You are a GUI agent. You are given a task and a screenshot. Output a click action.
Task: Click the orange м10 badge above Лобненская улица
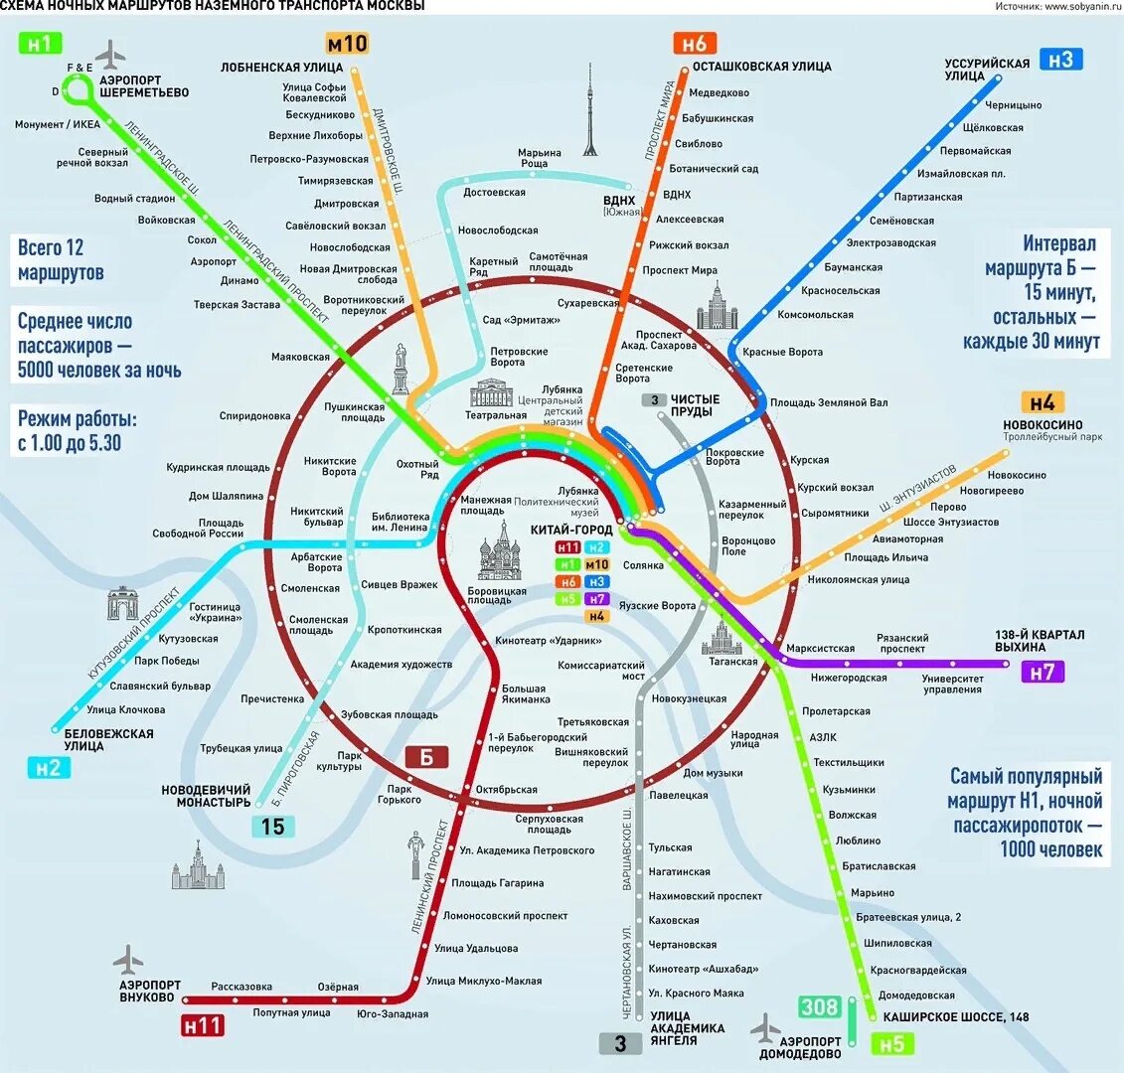346,44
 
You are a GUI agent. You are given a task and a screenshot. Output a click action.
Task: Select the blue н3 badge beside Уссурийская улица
1061,60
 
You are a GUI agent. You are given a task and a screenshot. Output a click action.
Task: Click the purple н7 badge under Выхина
1042,673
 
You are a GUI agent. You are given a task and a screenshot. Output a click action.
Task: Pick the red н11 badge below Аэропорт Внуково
202,1024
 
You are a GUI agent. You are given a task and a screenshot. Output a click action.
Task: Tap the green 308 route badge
820,1007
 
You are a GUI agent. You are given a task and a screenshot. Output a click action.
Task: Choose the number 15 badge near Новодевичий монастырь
272,826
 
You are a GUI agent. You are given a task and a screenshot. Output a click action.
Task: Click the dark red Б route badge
426,757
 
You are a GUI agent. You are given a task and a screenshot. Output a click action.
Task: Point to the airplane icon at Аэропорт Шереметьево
112,52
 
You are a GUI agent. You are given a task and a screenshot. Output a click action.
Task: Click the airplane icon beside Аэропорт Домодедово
766,1027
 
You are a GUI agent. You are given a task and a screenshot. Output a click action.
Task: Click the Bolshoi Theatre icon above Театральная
490,391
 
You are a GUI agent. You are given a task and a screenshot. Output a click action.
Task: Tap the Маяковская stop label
300,357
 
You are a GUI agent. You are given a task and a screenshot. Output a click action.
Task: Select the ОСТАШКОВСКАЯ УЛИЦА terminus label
761,67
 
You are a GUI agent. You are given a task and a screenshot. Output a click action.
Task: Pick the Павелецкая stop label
678,795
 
